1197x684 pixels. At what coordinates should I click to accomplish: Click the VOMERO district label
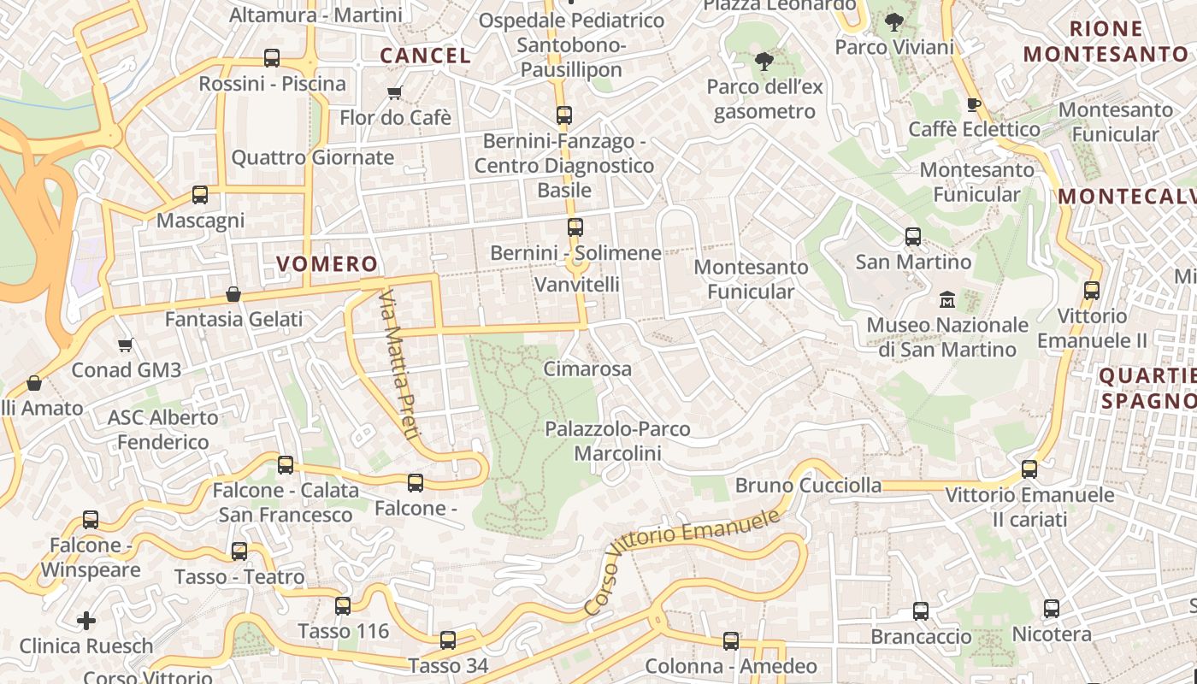coord(327,264)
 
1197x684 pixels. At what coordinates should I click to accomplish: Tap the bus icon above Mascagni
coord(200,195)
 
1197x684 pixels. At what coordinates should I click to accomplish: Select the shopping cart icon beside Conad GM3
coord(126,345)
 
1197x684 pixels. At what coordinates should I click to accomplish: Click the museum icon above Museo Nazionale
coord(947,300)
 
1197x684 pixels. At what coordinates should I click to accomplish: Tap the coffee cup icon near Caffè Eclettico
coord(973,105)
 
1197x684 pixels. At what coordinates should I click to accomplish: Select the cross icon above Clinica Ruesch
coord(86,620)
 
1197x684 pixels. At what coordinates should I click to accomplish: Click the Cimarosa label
coord(587,369)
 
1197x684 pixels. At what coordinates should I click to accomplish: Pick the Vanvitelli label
coord(577,284)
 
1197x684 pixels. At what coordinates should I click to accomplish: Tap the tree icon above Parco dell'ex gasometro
coord(764,62)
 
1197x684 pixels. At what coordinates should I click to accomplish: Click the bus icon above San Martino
coord(913,237)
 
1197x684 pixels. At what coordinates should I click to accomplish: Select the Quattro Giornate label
coord(313,157)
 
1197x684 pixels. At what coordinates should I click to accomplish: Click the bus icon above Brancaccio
coord(921,611)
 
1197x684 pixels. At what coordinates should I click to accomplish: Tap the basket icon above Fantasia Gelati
coord(233,295)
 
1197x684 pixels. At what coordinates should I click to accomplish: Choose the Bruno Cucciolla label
coord(808,486)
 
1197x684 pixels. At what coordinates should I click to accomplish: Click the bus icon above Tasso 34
coord(448,640)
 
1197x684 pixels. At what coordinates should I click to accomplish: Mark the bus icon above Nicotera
coord(1052,609)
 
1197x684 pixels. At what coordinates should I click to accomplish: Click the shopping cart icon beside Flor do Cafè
coord(394,92)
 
